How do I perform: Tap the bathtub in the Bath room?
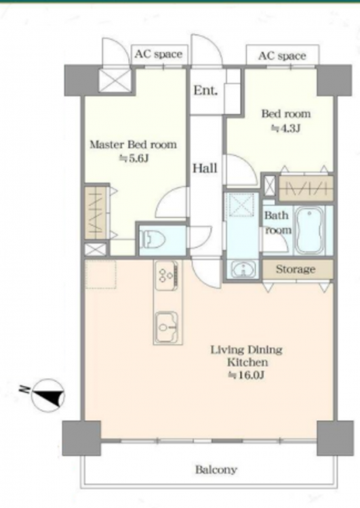pos(309,230)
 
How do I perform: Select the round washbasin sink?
pos(243,269)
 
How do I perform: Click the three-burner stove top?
pos(167,276)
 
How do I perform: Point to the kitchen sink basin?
pos(167,327)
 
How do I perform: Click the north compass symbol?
pos(48,396)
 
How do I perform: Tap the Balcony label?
pos(216,469)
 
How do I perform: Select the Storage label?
pos(296,269)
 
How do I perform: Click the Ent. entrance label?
pos(205,90)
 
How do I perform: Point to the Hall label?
pos(205,168)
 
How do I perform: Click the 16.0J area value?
pos(247,375)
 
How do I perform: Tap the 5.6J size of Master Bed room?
pos(134,158)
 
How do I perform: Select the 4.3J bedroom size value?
pos(285,128)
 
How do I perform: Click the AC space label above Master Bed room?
pos(158,54)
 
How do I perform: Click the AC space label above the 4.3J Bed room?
pos(282,56)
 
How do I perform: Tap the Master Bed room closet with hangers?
pos(96,212)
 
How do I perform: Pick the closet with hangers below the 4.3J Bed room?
pos(306,188)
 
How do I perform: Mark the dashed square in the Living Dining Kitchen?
pos(100,274)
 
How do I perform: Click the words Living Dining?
pos(247,350)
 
